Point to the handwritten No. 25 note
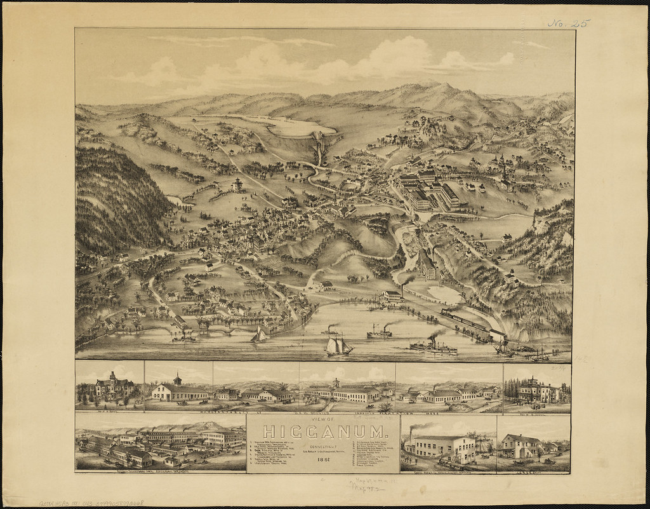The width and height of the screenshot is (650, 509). (569, 24)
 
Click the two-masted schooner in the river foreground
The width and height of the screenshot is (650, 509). (338, 346)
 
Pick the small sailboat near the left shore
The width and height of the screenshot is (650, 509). (258, 335)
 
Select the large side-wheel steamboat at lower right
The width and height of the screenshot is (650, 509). (433, 346)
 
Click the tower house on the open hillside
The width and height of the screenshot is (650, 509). (238, 185)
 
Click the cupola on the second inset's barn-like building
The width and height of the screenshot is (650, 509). (178, 379)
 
